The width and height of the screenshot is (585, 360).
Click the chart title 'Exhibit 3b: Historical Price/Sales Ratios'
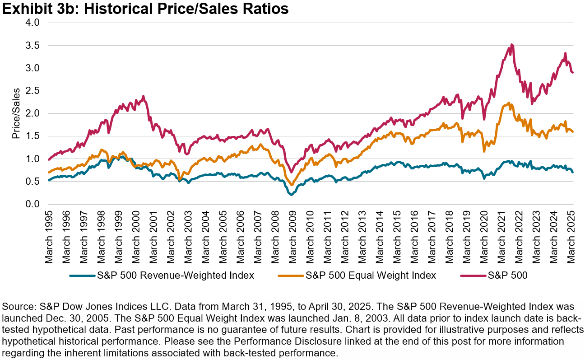pyautogui.click(x=144, y=9)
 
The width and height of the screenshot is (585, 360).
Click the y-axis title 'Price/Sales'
pyautogui.click(x=16, y=114)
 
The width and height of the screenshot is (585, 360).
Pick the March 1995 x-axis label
pyautogui.click(x=48, y=237)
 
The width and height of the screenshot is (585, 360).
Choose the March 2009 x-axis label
pyautogui.click(x=291, y=237)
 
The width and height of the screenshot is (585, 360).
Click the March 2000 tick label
pyautogui.click(x=135, y=237)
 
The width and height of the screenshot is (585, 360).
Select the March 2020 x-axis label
pyautogui.click(x=483, y=237)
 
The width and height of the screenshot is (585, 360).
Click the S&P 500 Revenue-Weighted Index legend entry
pyautogui.click(x=162, y=275)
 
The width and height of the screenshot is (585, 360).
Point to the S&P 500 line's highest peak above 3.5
pyautogui.click(x=511, y=44)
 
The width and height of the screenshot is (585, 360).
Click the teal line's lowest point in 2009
pyautogui.click(x=291, y=195)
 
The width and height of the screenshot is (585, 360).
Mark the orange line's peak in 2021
pyautogui.click(x=509, y=103)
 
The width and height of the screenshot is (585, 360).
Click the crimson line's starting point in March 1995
pyautogui.click(x=48, y=159)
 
